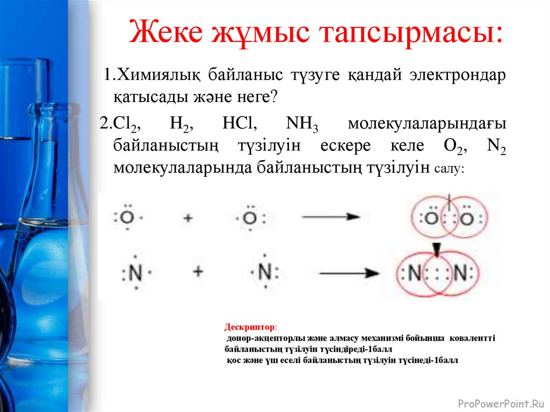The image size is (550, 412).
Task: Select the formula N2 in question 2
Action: pos(496,147)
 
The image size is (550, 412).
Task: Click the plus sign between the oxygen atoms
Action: pos(187,218)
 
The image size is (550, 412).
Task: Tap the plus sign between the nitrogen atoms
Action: pos(198,271)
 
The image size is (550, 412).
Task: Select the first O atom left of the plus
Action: pos(127,218)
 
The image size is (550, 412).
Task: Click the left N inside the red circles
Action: pos(414,273)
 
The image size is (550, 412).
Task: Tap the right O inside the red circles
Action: pos(467,219)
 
